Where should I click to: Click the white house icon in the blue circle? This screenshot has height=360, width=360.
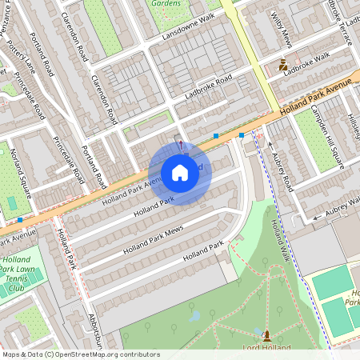[x=180, y=172]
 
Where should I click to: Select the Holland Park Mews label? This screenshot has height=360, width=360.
[x=154, y=240]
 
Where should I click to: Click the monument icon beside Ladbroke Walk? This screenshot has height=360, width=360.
[x=282, y=65]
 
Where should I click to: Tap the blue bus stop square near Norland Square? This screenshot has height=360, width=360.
[x=19, y=219]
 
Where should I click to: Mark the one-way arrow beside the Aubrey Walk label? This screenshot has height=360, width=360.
[x=318, y=215]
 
